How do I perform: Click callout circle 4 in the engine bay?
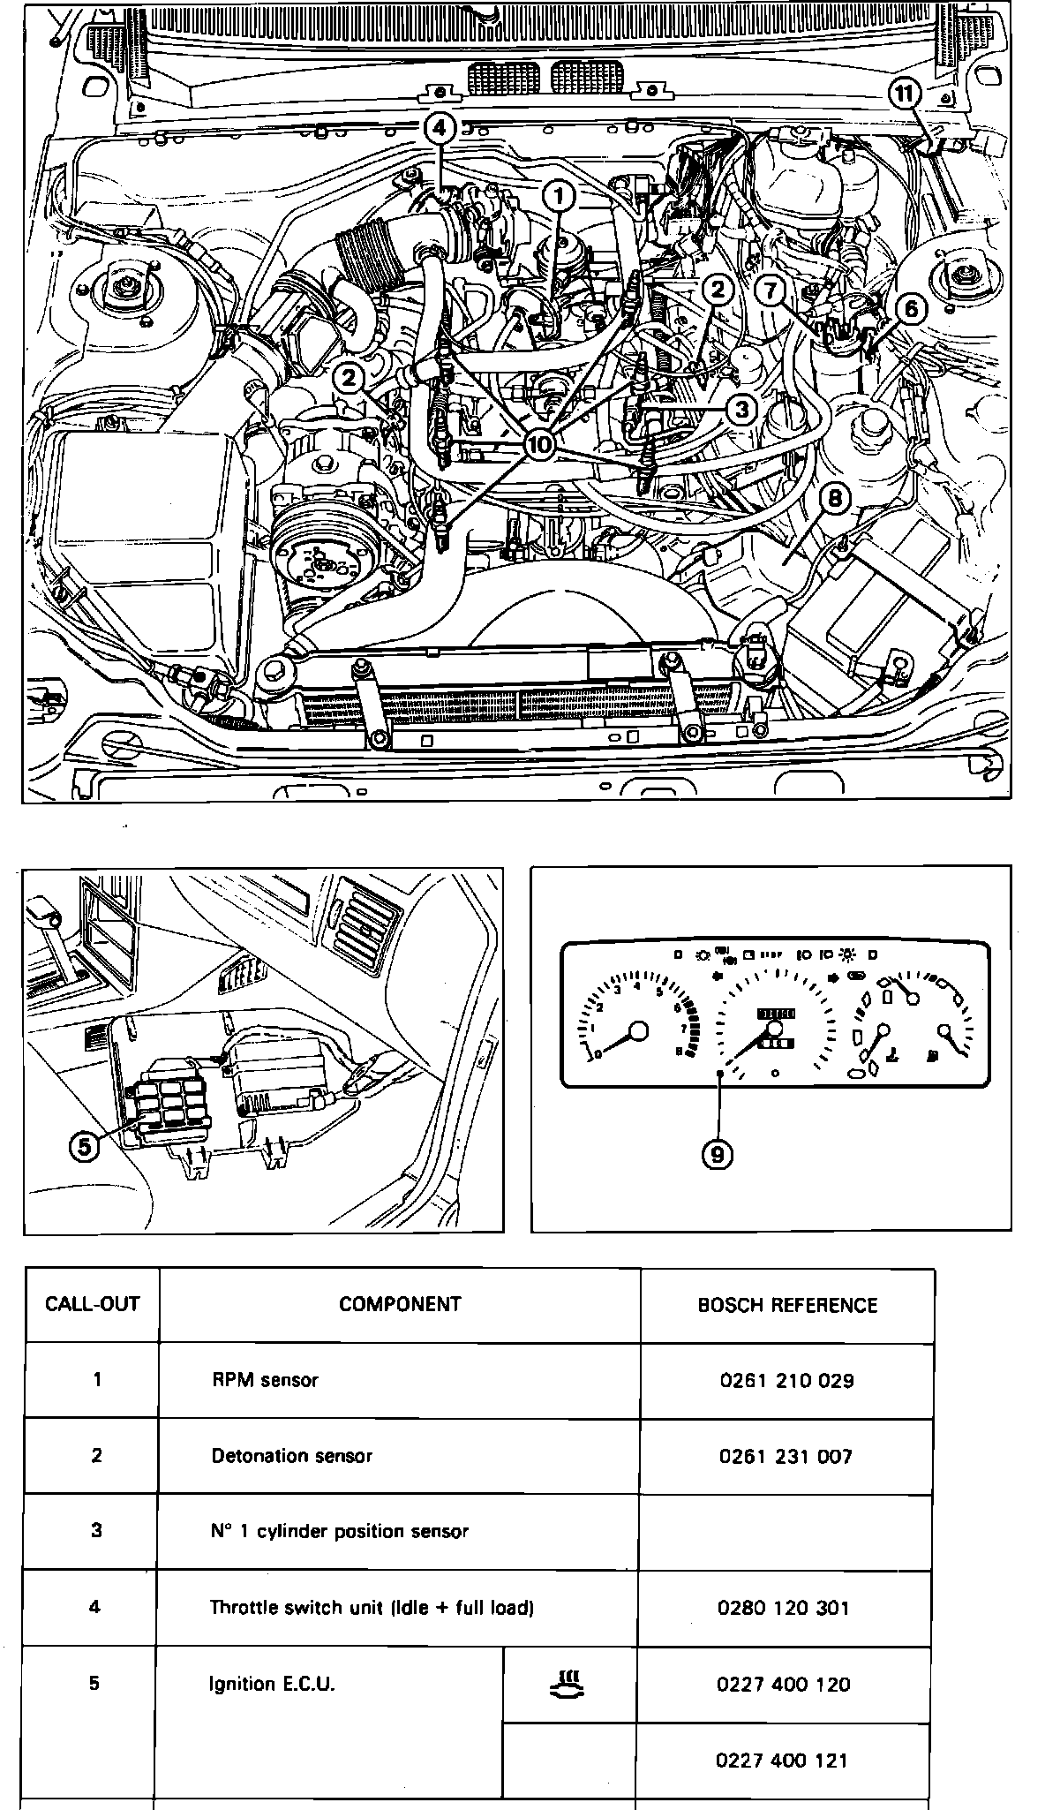click(440, 127)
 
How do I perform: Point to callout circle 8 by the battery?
click(834, 498)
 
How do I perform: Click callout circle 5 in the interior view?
click(85, 1146)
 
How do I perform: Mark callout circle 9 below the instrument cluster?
click(717, 1153)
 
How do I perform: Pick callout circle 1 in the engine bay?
click(559, 195)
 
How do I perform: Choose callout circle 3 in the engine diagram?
click(741, 409)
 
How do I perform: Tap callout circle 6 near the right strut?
click(911, 308)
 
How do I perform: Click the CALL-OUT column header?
click(93, 1304)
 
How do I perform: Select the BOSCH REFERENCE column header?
click(787, 1305)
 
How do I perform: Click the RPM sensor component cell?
click(265, 1380)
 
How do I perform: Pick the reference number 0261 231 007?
click(786, 1456)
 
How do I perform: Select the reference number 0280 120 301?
click(784, 1608)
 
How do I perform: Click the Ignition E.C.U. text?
click(272, 1684)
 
